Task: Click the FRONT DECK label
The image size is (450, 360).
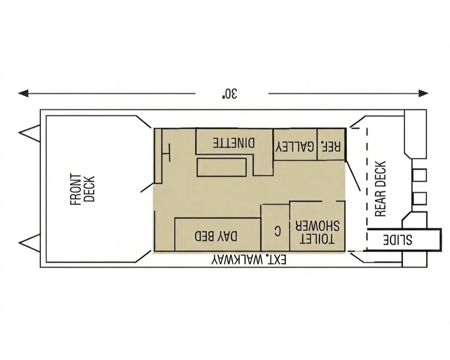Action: point(82,189)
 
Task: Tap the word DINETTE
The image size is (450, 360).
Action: point(234,143)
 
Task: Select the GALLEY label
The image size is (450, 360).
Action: point(295,146)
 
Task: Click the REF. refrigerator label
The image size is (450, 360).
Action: point(331,146)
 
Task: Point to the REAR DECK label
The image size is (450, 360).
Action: point(380,189)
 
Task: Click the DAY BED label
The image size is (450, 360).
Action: point(216,236)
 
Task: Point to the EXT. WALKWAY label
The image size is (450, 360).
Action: point(249,260)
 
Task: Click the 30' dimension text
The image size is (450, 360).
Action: point(230,93)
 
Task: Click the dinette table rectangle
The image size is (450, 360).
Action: point(221,167)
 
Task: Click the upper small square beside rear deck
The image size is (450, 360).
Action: point(420,175)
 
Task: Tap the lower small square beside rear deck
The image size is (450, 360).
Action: point(420,198)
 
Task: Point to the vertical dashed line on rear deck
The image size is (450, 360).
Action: point(367,189)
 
